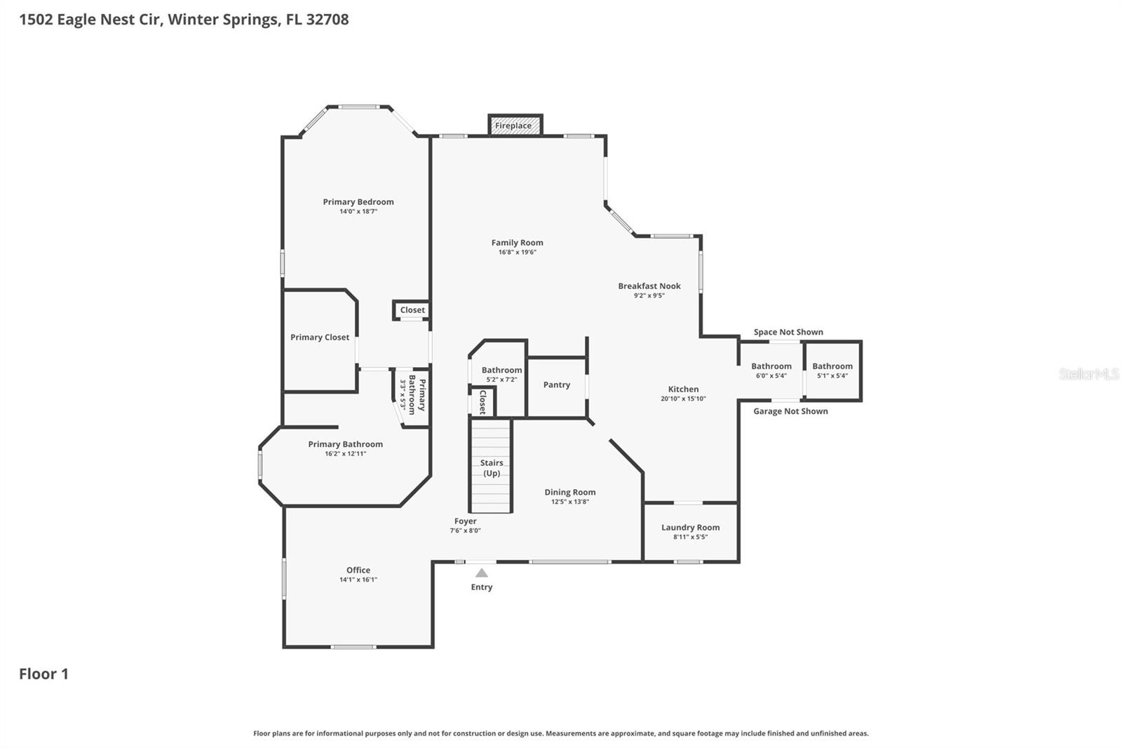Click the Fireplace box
[x=515, y=126]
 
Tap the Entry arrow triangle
[x=482, y=573]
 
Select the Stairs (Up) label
[x=492, y=468]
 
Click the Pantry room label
[x=557, y=385]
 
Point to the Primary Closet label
[x=320, y=338]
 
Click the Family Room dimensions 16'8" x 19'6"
[x=518, y=252]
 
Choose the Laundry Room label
[x=690, y=528]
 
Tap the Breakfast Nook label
[x=649, y=286]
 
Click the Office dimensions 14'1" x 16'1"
[x=358, y=580]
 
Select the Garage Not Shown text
[x=790, y=411]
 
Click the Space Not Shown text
[x=788, y=332]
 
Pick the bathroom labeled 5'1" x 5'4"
[x=832, y=370]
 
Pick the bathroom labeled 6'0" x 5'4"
[x=771, y=370]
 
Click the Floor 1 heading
[x=43, y=674]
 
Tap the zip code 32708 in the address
[x=327, y=19]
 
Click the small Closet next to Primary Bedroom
[x=412, y=310]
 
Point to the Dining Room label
[x=570, y=493]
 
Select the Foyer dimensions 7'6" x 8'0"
[x=466, y=530]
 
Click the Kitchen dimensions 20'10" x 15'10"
[x=683, y=399]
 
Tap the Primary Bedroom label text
[x=358, y=202]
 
